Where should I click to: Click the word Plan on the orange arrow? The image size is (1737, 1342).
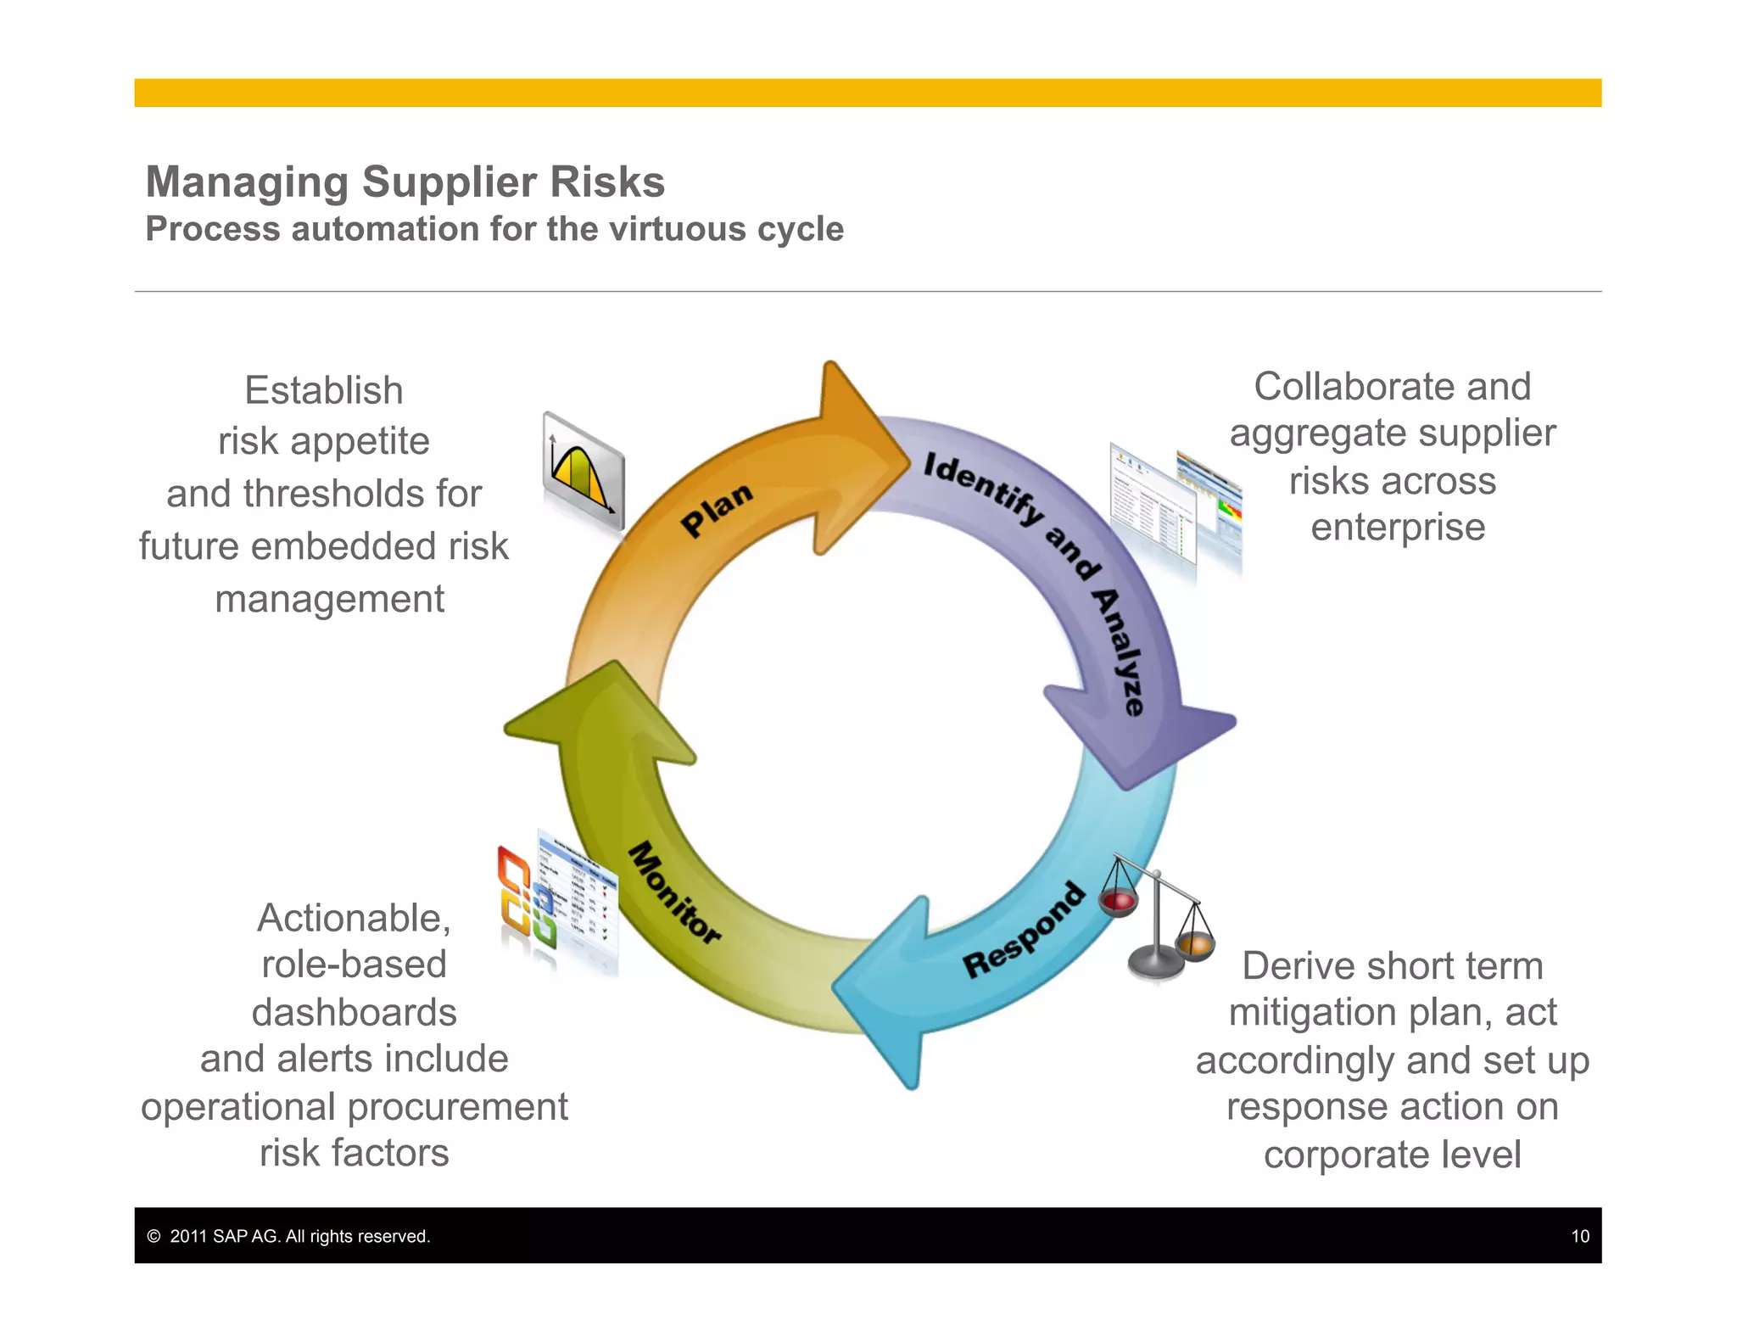click(x=717, y=509)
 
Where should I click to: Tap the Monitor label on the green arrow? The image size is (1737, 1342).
click(x=674, y=892)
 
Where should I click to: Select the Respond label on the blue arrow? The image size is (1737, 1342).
click(x=1024, y=931)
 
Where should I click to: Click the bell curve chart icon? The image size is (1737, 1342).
click(x=584, y=470)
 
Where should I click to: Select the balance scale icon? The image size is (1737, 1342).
click(x=1158, y=920)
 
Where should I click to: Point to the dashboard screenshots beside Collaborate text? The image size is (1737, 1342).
click(x=1175, y=509)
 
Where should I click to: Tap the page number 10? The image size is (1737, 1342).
click(x=1579, y=1236)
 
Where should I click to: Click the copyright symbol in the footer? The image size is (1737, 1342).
click(x=154, y=1236)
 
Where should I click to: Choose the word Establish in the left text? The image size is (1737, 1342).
click(x=323, y=390)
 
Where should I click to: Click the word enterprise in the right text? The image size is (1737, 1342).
click(x=1397, y=527)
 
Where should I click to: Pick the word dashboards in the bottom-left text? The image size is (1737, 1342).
click(x=354, y=1012)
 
